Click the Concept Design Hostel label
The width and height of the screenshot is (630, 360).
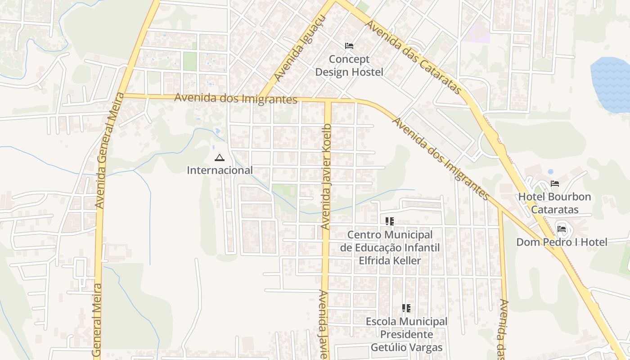pyautogui.click(x=349, y=66)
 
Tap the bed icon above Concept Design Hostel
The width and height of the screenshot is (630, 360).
pyautogui.click(x=349, y=46)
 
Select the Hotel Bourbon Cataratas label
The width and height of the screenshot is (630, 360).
pyautogui.click(x=554, y=203)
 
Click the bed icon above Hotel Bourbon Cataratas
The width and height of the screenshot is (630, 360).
pyautogui.click(x=555, y=184)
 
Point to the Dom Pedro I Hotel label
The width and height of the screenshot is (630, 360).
pyautogui.click(x=562, y=242)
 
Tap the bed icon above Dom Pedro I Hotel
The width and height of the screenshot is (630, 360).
pyautogui.click(x=562, y=229)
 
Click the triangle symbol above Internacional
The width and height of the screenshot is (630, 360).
pyautogui.click(x=219, y=157)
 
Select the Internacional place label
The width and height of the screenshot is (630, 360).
pyautogui.click(x=220, y=171)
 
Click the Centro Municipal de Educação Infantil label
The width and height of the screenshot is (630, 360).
pyautogui.click(x=390, y=247)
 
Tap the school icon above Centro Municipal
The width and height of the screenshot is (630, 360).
pyautogui.click(x=390, y=221)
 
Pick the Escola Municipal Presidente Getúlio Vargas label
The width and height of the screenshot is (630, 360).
pyautogui.click(x=406, y=334)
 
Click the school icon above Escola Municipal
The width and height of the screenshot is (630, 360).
pyautogui.click(x=406, y=308)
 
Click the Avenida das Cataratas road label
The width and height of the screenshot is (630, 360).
pyautogui.click(x=413, y=57)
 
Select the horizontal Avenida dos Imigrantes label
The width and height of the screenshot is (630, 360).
pyautogui.click(x=236, y=98)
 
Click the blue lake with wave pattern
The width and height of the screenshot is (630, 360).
pyautogui.click(x=611, y=85)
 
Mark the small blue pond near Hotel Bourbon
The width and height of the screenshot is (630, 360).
pyautogui.click(x=550, y=171)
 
